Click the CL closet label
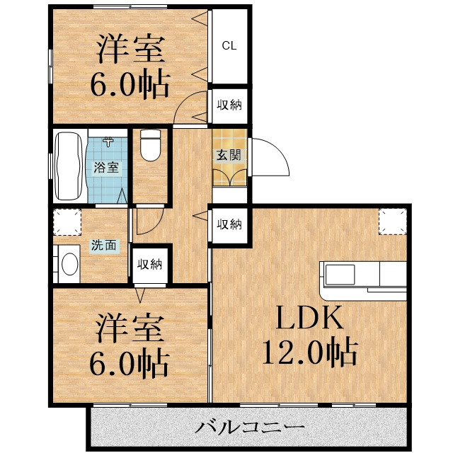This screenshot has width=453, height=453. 229,46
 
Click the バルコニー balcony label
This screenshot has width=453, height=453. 251,428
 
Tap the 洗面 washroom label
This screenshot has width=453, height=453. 103,246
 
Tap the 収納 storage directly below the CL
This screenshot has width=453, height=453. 229,105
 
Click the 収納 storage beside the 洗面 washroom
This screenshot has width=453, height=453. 149,265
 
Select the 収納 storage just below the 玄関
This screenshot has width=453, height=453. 229,224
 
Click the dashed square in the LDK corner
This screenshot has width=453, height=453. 393,222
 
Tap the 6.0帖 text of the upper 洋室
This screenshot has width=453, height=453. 129,85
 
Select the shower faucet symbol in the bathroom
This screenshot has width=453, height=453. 108,142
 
